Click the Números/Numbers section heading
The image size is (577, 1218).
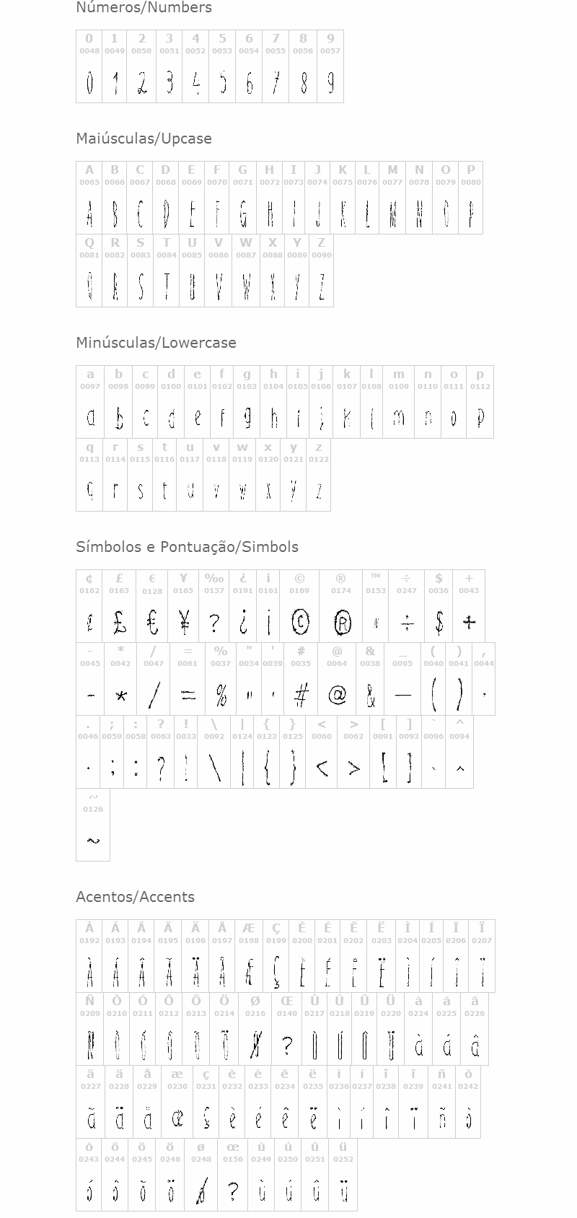144,8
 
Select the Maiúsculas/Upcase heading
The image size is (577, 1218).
144,139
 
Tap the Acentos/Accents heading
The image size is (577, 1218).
135,897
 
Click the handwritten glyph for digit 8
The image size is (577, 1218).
304,83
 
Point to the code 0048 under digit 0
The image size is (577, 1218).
89,51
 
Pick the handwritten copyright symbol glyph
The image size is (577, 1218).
300,621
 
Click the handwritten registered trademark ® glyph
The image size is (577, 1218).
343,622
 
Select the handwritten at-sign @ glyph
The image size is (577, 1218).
337,695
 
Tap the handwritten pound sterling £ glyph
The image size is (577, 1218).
120,622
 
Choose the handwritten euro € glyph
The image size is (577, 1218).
152,622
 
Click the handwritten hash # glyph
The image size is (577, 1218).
301,695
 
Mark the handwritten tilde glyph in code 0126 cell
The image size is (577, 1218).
93,840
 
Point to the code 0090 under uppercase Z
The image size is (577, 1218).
322,255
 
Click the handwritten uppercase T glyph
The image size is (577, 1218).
167,286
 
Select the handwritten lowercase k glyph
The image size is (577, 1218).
347,419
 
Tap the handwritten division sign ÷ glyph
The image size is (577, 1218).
407,622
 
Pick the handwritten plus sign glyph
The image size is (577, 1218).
469,622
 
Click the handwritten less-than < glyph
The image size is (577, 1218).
322,768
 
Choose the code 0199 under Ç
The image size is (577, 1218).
276,941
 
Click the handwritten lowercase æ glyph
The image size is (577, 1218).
177,1118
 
